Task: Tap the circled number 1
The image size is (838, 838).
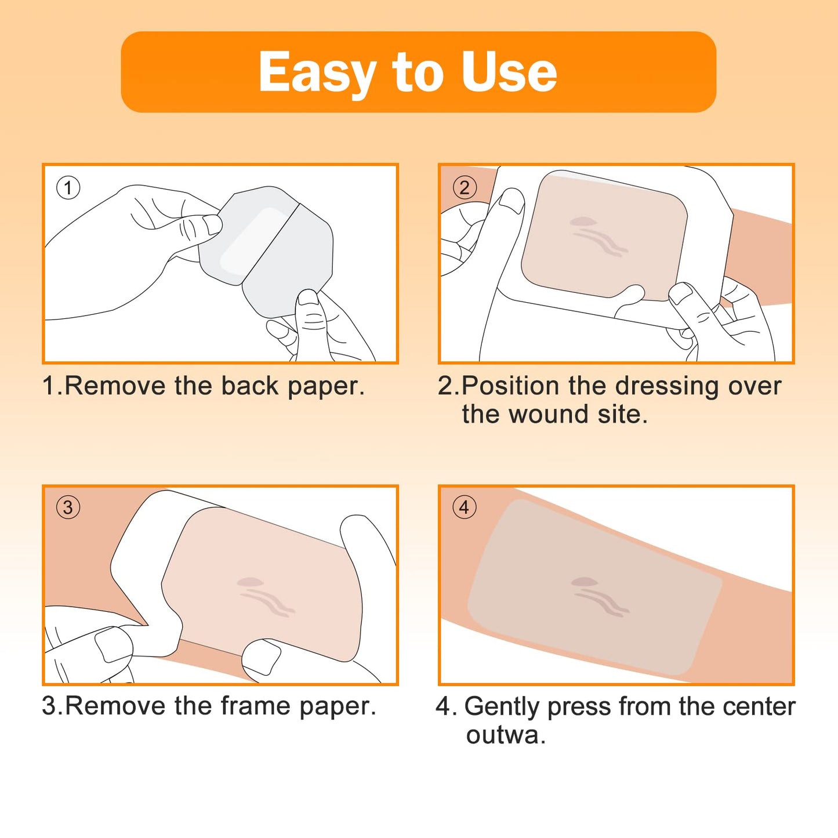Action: [68, 188]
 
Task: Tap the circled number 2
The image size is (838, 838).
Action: [465, 188]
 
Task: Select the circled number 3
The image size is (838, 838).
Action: [68, 507]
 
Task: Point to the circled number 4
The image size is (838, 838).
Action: [465, 507]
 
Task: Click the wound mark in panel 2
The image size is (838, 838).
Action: [597, 237]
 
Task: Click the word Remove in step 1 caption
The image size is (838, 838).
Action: [114, 386]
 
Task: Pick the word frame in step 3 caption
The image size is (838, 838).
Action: [255, 706]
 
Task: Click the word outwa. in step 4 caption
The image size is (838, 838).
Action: [506, 735]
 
